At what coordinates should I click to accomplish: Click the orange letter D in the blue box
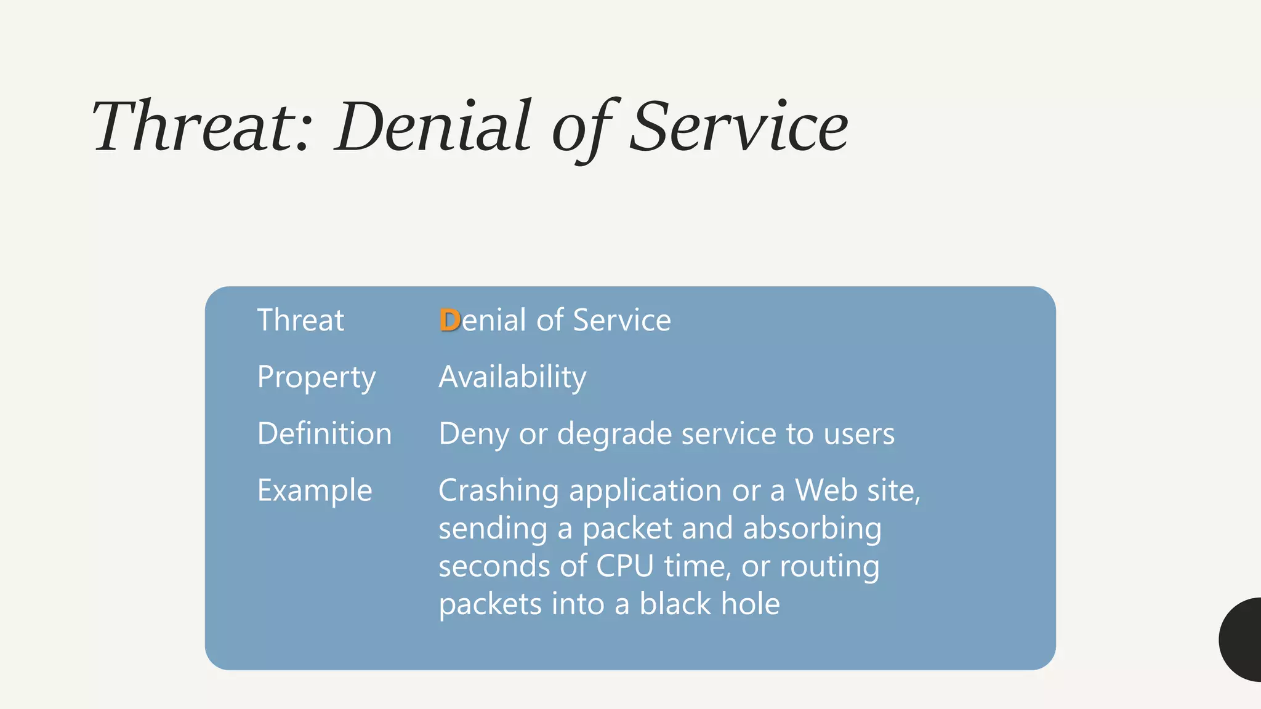(449, 320)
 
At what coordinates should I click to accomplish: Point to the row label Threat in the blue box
(300, 320)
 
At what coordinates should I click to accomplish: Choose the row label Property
(316, 377)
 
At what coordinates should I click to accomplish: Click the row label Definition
(324, 434)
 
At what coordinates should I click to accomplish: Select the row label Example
(315, 491)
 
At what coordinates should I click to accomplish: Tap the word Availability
(512, 377)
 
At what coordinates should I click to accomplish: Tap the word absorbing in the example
(812, 529)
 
